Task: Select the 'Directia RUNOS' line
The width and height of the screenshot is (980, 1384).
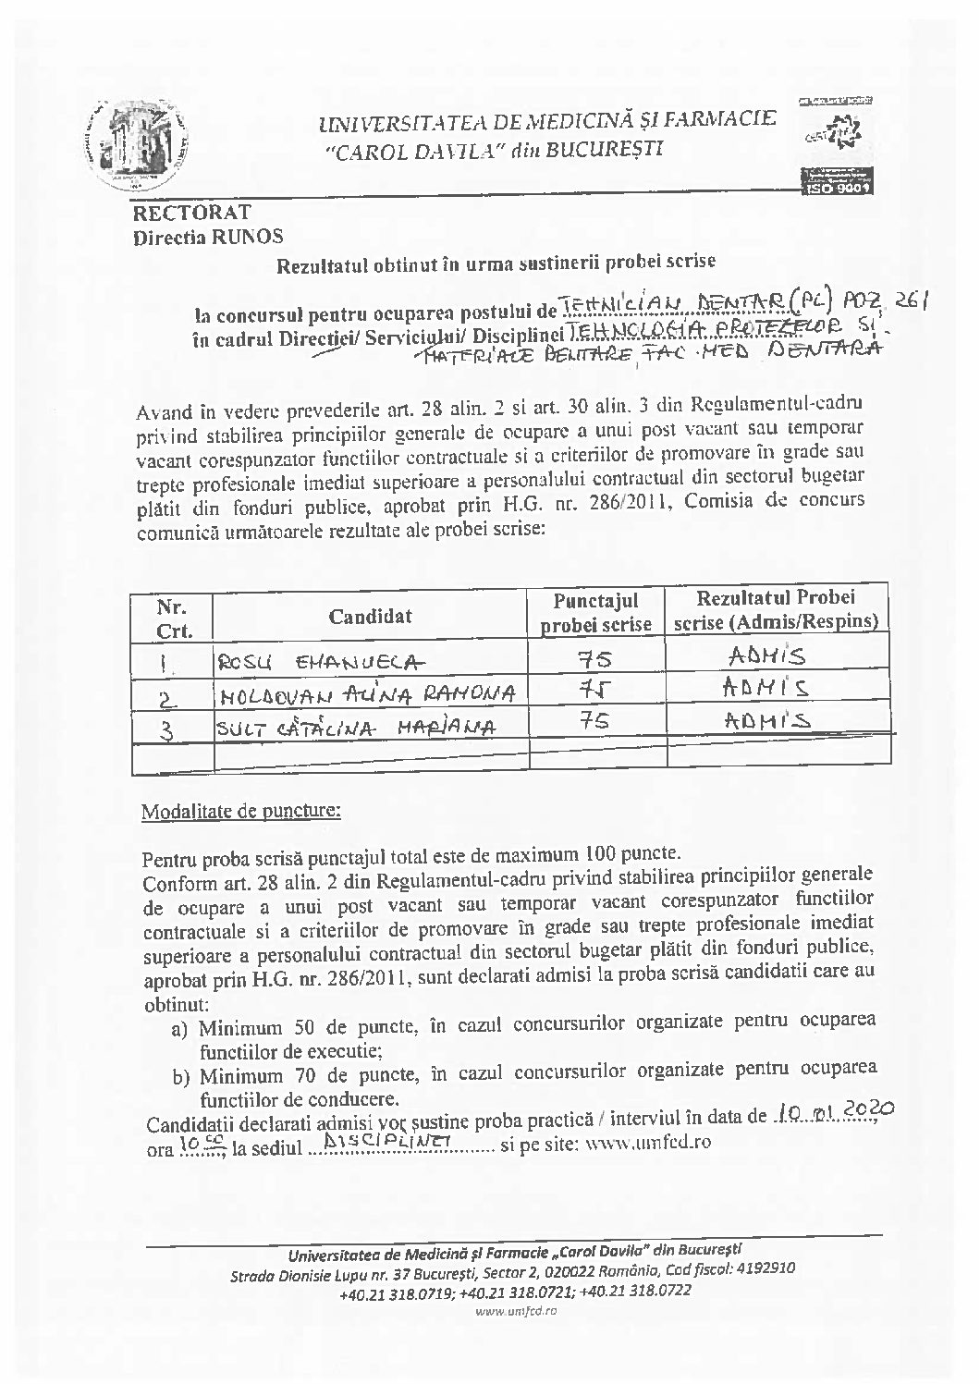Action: [x=208, y=238]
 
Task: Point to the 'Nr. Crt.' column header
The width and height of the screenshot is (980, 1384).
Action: [x=174, y=619]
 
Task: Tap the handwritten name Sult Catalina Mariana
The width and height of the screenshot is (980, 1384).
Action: [x=355, y=728]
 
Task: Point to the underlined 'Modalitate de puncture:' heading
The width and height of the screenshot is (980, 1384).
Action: [x=240, y=813]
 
